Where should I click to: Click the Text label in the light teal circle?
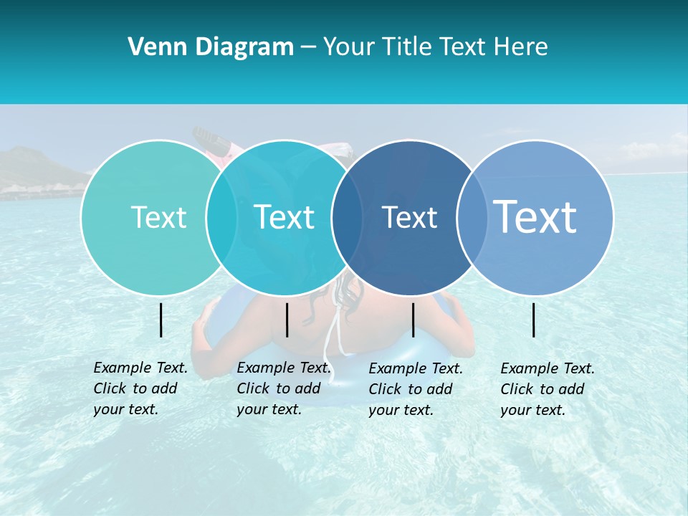(158, 218)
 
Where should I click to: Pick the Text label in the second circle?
(284, 218)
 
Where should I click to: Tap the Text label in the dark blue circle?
(409, 218)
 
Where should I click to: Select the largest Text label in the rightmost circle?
(535, 216)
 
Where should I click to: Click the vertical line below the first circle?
(161, 320)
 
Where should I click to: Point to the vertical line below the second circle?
(287, 320)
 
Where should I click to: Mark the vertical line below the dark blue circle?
(413, 320)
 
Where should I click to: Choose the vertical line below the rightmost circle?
(534, 320)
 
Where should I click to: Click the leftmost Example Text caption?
(140, 388)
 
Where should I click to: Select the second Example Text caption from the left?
(284, 388)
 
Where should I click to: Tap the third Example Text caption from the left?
(416, 389)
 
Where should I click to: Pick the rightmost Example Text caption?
(548, 389)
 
